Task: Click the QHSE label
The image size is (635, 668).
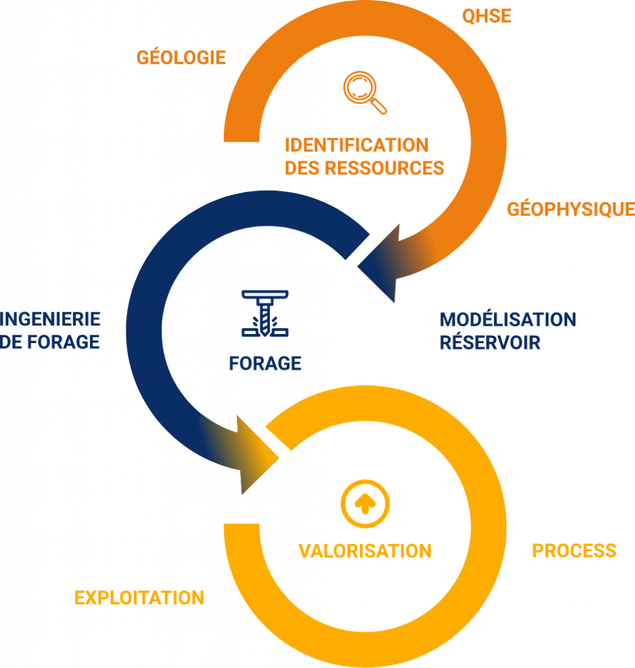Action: (x=487, y=16)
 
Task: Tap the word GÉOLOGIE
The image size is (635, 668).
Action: (x=181, y=57)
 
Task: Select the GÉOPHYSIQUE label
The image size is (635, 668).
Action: (x=570, y=209)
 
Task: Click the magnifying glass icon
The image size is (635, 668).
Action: (x=365, y=93)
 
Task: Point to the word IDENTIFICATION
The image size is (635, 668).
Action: (x=357, y=145)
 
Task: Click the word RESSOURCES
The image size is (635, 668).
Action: (x=385, y=168)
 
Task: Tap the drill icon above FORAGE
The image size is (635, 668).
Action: (x=265, y=314)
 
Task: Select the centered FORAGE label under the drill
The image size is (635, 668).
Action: (x=265, y=363)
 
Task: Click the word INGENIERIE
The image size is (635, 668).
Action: (x=50, y=319)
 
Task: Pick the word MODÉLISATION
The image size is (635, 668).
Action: (x=508, y=320)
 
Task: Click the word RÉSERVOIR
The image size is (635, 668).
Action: (x=490, y=342)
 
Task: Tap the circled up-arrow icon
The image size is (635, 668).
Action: (x=365, y=504)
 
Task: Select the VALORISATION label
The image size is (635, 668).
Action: (x=365, y=551)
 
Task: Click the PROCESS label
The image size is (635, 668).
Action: (x=574, y=551)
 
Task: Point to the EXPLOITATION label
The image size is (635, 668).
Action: (x=139, y=598)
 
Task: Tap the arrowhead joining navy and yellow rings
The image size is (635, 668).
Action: (x=257, y=456)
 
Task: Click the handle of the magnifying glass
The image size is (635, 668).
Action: (x=378, y=106)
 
